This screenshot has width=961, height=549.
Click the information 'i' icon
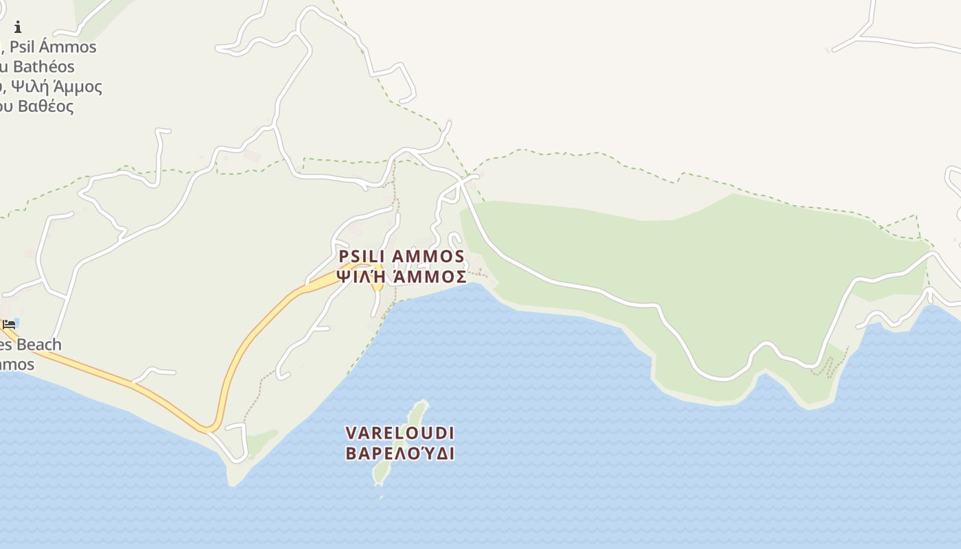tap(18, 27)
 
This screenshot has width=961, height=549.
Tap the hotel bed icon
tap(9, 324)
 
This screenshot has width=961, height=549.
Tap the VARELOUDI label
tap(400, 434)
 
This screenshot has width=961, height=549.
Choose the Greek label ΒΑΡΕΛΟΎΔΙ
tap(400, 454)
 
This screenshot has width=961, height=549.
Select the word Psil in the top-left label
tap(23, 47)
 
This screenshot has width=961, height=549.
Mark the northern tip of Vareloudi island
tap(424, 403)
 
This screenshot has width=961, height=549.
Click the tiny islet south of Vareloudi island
tap(381, 497)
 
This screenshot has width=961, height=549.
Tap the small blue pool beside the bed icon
tap(16, 322)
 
